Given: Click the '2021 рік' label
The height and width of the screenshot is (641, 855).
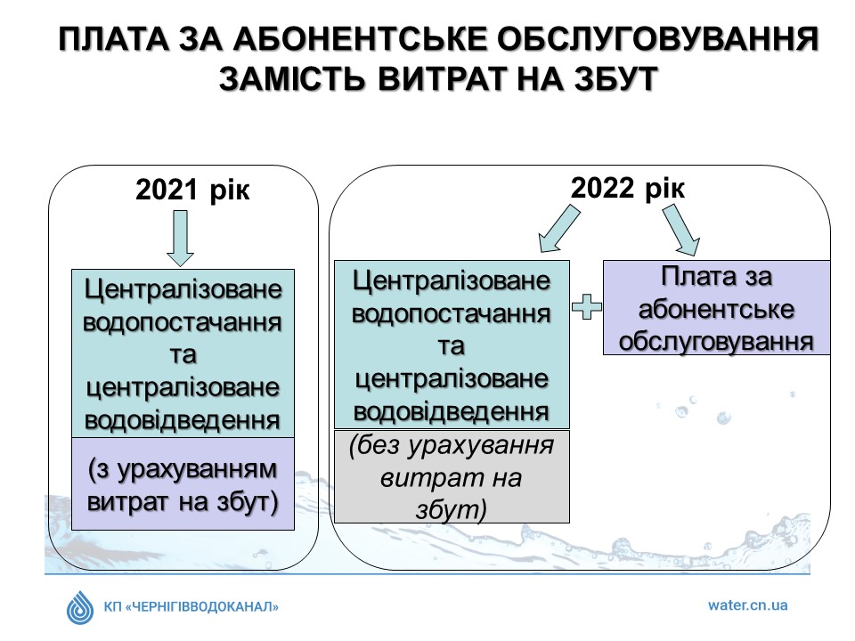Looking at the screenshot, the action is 192,190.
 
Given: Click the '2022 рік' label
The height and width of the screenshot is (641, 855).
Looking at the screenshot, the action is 628,188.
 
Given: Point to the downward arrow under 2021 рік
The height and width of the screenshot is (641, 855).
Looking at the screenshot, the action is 180,239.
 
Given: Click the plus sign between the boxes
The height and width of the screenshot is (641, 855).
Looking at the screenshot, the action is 587,306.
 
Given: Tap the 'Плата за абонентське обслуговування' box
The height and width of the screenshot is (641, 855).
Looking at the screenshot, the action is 716,308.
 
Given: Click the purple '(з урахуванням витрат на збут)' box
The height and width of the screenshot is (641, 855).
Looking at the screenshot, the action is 183,483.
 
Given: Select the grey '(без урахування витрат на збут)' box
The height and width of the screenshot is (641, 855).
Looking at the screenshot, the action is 452,477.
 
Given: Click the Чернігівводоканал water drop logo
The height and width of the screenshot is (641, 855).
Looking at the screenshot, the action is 80,607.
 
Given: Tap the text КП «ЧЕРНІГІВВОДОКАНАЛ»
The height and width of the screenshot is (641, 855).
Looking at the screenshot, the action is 191,606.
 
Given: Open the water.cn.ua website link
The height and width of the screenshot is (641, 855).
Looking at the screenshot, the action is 747,605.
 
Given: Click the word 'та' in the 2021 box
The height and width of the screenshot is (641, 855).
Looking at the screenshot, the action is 183,355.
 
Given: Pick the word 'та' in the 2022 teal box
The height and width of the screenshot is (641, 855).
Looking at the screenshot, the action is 452,346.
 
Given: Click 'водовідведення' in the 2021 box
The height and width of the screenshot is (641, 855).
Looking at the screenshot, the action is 183,420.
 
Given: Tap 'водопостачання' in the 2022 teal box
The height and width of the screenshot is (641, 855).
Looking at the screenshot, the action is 452,314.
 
